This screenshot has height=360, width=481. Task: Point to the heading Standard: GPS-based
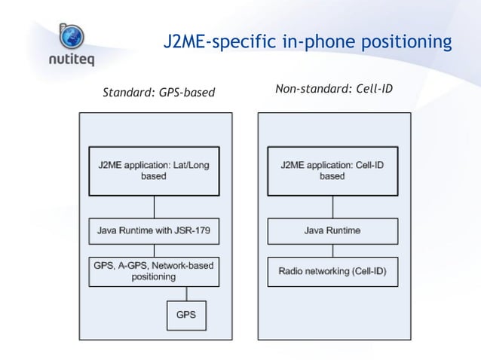[158, 93]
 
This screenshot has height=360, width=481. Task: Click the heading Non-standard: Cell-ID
[333, 90]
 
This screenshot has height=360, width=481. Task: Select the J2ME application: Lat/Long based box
[154, 171]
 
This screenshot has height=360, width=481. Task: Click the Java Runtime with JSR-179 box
[154, 230]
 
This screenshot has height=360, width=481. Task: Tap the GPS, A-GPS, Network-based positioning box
[154, 271]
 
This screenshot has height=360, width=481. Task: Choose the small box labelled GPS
[186, 315]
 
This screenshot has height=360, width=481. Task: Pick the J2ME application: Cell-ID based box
[332, 170]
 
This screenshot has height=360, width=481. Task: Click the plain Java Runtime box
[332, 230]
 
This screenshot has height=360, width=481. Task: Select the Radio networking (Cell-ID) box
[332, 271]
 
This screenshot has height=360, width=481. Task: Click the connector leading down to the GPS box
[186, 293]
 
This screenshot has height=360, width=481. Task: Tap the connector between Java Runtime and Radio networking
[332, 251]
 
